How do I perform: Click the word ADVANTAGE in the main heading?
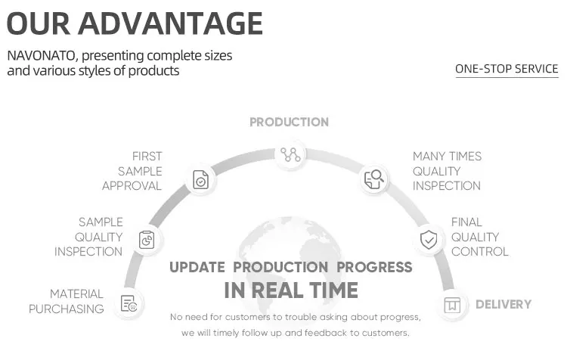[170, 23]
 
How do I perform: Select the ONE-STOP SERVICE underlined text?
[507, 69]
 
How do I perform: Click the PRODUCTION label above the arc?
[290, 123]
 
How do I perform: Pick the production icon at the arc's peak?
[290, 155]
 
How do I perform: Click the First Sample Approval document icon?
[200, 179]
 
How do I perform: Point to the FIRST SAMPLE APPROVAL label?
[132, 171]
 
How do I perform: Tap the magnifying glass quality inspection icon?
[374, 179]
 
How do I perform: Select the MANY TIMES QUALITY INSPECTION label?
[447, 171]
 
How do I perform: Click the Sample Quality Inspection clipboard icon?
[147, 240]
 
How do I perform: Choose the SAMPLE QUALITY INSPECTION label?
[88, 237]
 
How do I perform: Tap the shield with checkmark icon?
[429, 240]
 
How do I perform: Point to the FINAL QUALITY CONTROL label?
[480, 237]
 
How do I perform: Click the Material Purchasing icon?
[129, 303]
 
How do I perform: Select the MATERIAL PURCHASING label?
[67, 302]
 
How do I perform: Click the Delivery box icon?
[452, 305]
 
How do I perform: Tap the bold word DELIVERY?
[503, 305]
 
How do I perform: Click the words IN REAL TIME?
[291, 290]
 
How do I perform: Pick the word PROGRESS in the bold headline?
[374, 268]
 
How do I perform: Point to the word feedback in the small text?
[326, 333]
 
